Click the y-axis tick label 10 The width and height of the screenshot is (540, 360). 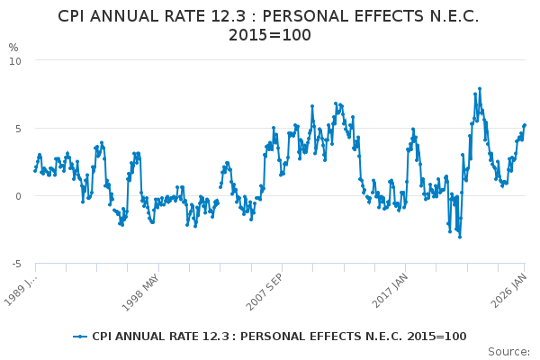pyautogui.click(x=16, y=60)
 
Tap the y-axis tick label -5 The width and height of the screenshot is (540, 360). pyautogui.click(x=16, y=263)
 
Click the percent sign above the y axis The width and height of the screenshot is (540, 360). pyautogui.click(x=13, y=47)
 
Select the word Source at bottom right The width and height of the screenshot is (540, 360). pyautogui.click(x=510, y=351)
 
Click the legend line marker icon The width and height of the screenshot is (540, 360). pyautogui.click(x=81, y=337)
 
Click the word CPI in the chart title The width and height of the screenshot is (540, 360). pyautogui.click(x=76, y=16)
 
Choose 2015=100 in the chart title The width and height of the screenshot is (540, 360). pyautogui.click(x=270, y=35)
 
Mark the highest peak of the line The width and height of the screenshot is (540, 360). pyautogui.click(x=480, y=88)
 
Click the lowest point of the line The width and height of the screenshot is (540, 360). pyautogui.click(x=459, y=237)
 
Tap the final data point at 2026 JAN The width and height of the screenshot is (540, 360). pyautogui.click(x=525, y=125)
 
